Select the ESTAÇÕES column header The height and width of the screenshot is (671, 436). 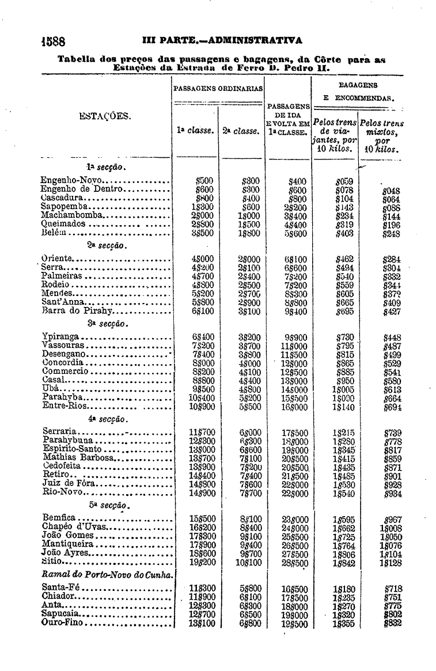104,117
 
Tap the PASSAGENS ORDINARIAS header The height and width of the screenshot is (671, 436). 218,89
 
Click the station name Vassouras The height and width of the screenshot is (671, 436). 64,345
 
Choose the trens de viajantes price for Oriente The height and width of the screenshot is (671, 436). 343,259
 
